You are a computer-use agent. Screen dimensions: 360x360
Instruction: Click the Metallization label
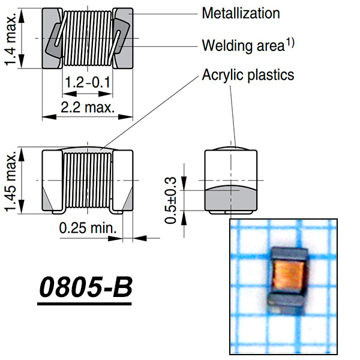pyautogui.click(x=241, y=13)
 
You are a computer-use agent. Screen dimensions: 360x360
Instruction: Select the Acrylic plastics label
pyautogui.click(x=248, y=75)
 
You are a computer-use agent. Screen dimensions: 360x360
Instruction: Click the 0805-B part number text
pyautogui.click(x=85, y=289)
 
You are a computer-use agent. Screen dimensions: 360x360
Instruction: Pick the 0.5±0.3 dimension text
pyautogui.click(x=172, y=200)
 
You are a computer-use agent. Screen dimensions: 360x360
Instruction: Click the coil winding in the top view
pyautogui.click(x=87, y=37)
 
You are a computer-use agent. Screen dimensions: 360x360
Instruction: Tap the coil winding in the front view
pyautogui.click(x=87, y=179)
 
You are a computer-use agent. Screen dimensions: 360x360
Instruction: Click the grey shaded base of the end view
pyautogui.click(x=231, y=197)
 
